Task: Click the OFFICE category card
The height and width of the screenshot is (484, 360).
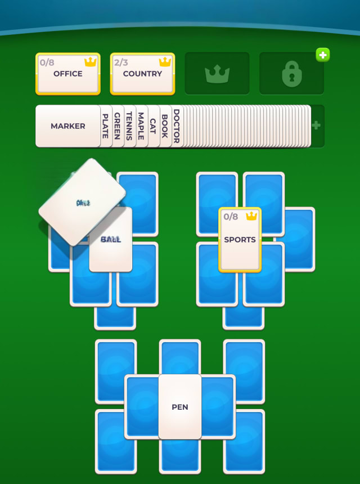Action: point(67,74)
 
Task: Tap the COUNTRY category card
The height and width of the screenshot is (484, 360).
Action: point(142,74)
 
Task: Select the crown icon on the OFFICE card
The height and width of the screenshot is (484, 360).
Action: point(90,62)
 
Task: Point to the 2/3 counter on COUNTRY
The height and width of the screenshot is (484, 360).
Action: point(121,62)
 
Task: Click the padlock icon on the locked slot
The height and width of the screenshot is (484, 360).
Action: point(291,74)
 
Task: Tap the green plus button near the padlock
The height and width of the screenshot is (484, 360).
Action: point(322,55)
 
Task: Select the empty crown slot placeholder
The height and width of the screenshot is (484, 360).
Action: point(217,74)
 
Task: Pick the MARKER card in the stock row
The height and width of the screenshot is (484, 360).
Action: point(67,126)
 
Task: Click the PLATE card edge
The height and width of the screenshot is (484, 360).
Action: point(105,126)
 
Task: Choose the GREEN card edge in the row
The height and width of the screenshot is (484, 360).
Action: point(117,126)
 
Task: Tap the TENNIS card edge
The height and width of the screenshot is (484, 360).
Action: point(129,126)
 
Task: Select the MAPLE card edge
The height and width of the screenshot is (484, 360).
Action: point(141,126)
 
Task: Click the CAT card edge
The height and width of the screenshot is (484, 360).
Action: point(152,126)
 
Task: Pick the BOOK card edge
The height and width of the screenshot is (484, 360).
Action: point(164,126)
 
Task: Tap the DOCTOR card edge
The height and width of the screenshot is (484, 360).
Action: point(176,126)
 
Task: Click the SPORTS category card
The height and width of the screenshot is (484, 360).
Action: point(240,240)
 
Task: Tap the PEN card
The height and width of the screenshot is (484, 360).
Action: point(180,407)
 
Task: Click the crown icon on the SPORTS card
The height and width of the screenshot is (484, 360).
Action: point(251,216)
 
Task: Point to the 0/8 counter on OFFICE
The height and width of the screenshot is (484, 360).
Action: point(47,62)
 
